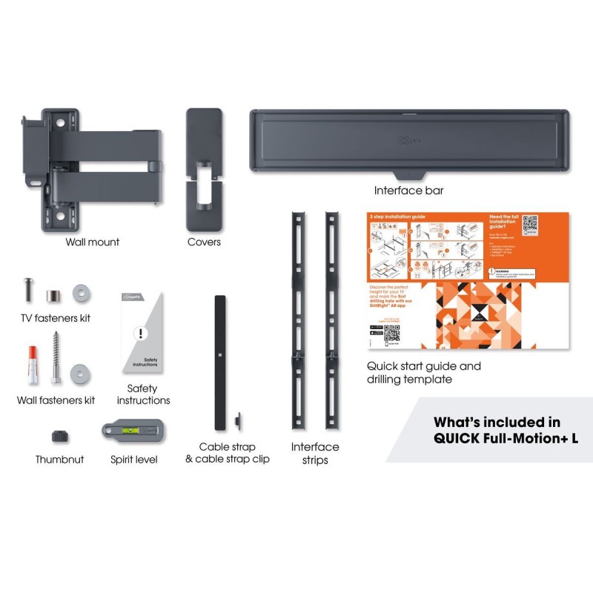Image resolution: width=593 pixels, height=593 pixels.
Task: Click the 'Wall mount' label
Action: point(93,242)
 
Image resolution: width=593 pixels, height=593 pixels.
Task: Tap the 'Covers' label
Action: point(204,242)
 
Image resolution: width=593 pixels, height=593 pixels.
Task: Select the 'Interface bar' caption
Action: point(408,191)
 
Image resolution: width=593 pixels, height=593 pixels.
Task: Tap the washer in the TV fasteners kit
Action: point(81,293)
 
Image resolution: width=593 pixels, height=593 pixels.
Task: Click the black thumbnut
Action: point(60,435)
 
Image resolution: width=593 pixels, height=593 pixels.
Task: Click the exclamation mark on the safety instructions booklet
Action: point(138,333)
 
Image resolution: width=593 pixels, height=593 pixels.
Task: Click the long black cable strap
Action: point(220,363)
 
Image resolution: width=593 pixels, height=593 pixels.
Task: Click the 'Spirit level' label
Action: point(134,460)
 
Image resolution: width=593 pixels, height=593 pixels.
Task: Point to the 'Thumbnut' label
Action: point(59,460)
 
